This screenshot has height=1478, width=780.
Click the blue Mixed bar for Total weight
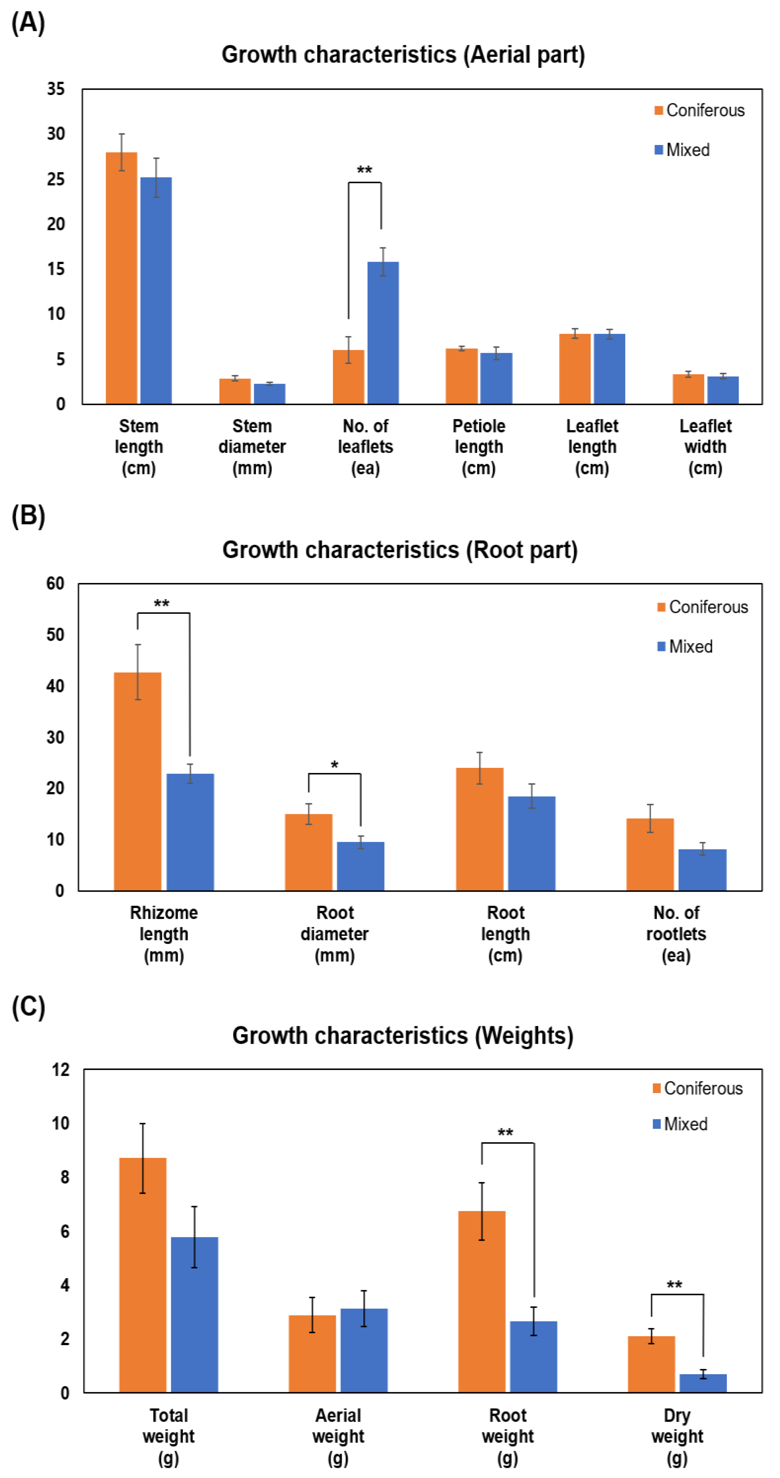click(x=195, y=1314)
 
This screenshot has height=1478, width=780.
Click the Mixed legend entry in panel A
click(x=682, y=150)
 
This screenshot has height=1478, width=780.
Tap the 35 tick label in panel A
click(x=56, y=89)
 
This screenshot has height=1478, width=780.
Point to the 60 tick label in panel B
click(x=55, y=584)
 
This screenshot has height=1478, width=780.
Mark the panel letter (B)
click(x=28, y=516)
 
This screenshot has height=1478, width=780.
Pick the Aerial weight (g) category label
click(x=338, y=1436)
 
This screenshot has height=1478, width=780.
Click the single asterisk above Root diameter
click(x=334, y=765)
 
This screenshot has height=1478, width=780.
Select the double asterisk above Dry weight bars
click(x=674, y=1285)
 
